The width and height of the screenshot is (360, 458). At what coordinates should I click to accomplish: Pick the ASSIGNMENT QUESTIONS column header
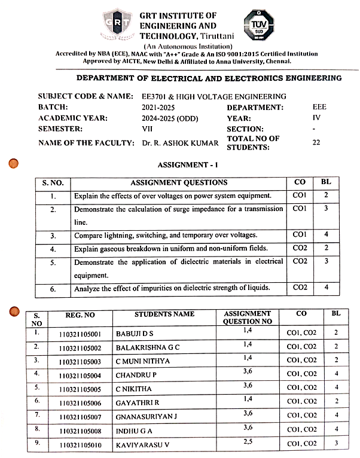[x=179, y=182]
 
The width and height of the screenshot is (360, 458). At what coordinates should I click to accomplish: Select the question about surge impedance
[x=178, y=215]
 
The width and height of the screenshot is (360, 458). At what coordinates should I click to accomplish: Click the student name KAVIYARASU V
[x=147, y=443]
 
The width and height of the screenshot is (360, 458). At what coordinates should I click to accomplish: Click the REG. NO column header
[x=80, y=315]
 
